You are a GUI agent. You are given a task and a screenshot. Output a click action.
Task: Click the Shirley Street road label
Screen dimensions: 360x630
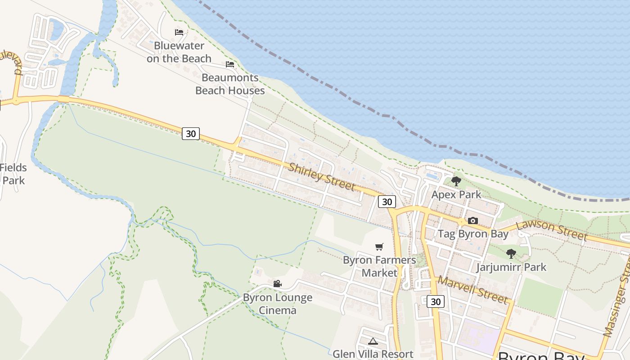point(321,177)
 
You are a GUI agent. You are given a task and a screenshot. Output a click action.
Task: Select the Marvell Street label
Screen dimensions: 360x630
point(473,290)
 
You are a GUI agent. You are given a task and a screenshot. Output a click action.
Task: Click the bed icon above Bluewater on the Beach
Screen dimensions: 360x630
point(179,32)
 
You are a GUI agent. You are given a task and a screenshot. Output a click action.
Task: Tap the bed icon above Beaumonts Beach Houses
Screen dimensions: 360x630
point(230,64)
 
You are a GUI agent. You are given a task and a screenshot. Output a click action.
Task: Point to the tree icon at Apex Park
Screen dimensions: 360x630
point(456,181)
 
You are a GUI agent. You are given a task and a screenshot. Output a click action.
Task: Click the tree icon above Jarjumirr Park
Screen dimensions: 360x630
point(511,254)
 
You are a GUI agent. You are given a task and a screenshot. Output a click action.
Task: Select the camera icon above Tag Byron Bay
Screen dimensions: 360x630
point(472,220)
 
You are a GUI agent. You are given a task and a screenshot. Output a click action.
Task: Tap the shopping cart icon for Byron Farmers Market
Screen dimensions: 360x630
point(379,247)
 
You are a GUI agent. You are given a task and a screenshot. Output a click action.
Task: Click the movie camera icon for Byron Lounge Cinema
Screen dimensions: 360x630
point(277,284)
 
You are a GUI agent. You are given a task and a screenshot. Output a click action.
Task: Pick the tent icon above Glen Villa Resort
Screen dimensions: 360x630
point(373,341)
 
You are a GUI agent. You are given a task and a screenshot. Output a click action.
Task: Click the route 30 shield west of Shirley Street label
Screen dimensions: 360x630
point(191,134)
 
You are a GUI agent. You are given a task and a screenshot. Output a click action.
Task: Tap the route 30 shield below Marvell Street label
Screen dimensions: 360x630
point(436,301)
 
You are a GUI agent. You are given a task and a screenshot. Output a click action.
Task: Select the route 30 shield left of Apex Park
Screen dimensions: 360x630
point(387,202)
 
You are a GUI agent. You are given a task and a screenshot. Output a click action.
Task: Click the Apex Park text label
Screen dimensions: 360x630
point(456,195)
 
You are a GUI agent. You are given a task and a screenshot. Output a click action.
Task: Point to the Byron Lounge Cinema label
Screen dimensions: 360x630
point(278,304)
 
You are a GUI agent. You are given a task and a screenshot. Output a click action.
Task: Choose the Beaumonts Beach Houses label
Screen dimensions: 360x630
point(230,84)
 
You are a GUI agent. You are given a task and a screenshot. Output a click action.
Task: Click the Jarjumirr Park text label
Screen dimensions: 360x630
point(511,267)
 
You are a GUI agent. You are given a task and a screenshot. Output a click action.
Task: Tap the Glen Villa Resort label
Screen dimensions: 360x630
point(373,354)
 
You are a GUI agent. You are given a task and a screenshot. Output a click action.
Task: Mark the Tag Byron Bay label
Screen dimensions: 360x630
point(473,234)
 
